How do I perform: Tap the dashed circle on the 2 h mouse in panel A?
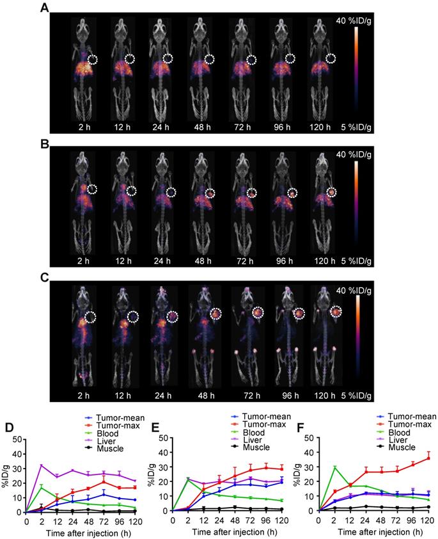[x=93, y=60]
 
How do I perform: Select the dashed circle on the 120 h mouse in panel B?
[x=331, y=191]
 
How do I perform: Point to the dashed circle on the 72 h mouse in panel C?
[x=257, y=312]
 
